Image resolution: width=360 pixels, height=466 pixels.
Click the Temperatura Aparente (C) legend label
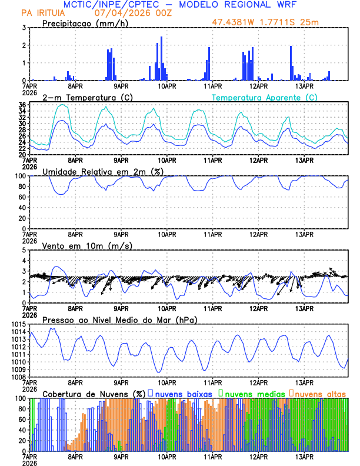(264, 97)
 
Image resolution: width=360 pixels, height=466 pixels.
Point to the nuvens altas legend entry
(320, 393)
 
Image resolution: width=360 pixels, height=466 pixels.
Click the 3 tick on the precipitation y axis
(23, 28)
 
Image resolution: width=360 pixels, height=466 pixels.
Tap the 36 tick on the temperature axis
(21, 105)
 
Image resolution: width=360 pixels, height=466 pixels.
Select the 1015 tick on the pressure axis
(18, 324)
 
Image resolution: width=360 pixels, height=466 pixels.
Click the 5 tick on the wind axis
(23, 250)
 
